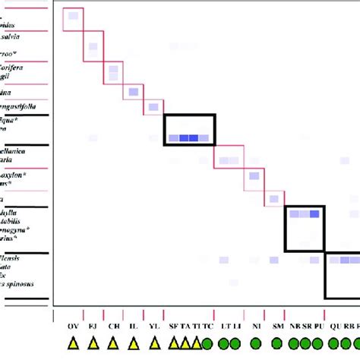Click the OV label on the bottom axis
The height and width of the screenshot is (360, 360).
tap(73, 327)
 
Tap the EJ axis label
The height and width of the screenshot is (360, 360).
tap(93, 327)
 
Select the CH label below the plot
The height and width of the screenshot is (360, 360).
tap(113, 327)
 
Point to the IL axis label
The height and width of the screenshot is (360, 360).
tap(134, 327)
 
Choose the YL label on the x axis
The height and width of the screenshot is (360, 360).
tap(154, 327)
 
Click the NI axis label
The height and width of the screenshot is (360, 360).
tap(257, 327)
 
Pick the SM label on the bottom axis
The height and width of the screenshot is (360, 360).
tap(277, 327)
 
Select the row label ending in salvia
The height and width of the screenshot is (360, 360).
tap(29, 36)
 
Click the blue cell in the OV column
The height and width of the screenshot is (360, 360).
tap(73, 16)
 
